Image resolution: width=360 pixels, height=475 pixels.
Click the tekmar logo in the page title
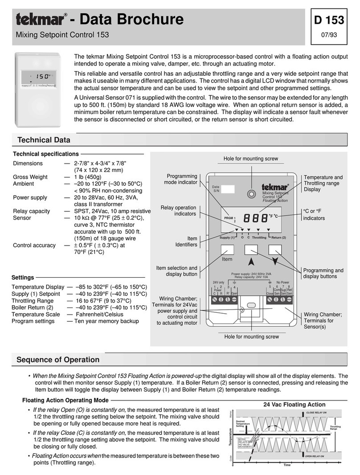pos(41,20)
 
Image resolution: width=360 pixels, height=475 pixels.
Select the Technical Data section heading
pos(43,140)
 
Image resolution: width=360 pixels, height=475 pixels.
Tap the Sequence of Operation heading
pos(57,359)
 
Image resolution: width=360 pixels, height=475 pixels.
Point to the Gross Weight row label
pos(30,177)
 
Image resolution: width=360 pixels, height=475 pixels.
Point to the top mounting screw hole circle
pos(252,194)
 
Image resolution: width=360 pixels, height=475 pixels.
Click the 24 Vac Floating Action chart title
pos(294,405)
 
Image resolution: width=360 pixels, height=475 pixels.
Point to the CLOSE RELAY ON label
pos(316,413)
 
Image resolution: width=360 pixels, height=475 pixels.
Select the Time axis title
pos(287,465)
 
